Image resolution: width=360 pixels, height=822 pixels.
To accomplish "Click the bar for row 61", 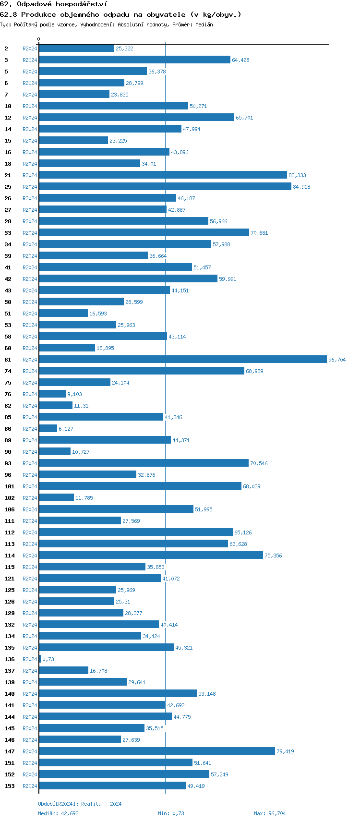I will (182, 359).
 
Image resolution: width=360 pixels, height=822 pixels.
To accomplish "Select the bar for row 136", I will (40, 659).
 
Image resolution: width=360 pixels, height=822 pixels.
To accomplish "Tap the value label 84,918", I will (301, 187).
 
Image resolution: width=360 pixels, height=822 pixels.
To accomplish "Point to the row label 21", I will (8, 175).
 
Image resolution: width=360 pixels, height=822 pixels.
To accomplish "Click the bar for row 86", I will (48, 428).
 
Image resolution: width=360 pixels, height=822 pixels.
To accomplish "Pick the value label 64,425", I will (240, 60).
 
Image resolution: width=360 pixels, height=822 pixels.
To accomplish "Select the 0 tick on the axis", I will (39, 39).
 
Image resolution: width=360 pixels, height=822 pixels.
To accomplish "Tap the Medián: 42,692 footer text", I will (58, 813).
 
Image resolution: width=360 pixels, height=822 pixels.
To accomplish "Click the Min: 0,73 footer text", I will (171, 813).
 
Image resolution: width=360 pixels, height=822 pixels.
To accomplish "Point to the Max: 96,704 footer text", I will (270, 813).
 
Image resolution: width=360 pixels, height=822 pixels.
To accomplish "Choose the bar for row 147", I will (157, 751).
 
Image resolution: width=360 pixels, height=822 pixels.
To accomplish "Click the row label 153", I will (9, 786).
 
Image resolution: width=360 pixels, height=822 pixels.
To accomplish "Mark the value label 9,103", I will (74, 394).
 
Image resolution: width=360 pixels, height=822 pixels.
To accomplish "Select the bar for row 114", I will (151, 555).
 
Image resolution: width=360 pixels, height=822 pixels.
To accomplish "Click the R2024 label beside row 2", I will (30, 48).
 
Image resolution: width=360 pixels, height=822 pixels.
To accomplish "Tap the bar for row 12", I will (136, 117).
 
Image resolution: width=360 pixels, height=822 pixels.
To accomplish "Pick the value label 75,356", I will (273, 556).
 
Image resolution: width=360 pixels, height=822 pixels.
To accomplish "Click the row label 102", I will (9, 498).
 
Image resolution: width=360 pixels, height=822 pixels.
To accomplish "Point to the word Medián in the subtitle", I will (204, 24).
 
